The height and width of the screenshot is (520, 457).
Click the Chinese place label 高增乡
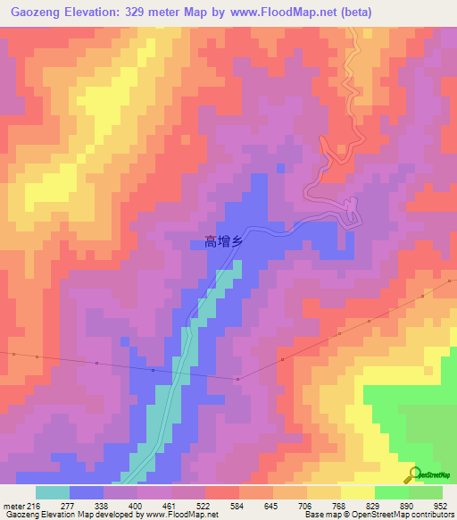[224, 240]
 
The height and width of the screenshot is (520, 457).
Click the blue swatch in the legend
[87, 492]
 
